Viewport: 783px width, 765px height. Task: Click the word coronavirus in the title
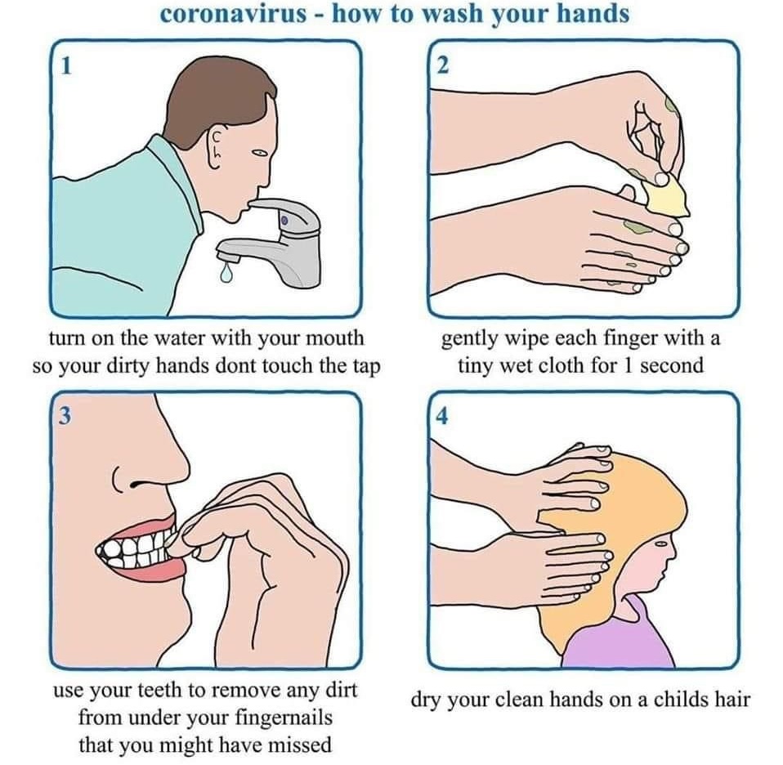coord(234,13)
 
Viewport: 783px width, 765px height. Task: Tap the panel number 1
coord(65,65)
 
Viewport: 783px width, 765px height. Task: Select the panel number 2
coord(442,65)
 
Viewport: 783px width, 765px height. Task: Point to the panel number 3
coord(65,415)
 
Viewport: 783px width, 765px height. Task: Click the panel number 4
coord(442,416)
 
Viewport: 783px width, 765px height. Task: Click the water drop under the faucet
coord(226,271)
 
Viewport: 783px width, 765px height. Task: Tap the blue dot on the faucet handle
coord(284,220)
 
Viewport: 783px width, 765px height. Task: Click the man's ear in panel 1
coord(217,148)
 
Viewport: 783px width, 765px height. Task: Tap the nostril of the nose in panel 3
coord(136,484)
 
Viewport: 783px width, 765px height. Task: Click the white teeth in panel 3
coord(136,548)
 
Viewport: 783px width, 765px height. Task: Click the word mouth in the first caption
coord(334,338)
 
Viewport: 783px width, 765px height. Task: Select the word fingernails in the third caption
coord(284,718)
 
